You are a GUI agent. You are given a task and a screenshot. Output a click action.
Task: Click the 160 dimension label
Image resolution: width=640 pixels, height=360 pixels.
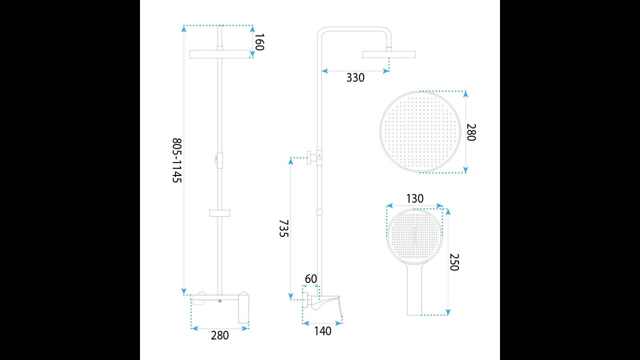pyautogui.click(x=259, y=42)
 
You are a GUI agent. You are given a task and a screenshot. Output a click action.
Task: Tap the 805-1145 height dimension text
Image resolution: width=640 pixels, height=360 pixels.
pyautogui.click(x=177, y=160)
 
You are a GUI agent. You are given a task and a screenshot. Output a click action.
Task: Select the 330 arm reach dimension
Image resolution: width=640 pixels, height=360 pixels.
pyautogui.click(x=355, y=77)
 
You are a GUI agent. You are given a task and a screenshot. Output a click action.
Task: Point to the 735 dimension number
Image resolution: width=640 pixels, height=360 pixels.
pyautogui.click(x=283, y=228)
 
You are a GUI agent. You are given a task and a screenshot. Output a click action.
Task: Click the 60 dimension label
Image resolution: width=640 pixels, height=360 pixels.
pyautogui.click(x=311, y=279)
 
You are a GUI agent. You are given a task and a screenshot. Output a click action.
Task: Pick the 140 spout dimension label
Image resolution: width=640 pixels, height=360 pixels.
pyautogui.click(x=323, y=331)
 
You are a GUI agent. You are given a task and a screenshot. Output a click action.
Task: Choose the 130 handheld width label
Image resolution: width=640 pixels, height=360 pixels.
pyautogui.click(x=415, y=198)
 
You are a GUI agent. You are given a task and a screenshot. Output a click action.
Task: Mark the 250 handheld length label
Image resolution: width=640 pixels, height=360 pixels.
pyautogui.click(x=454, y=262)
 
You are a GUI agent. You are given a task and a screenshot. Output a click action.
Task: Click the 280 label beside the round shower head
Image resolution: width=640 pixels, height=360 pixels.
pyautogui.click(x=471, y=132)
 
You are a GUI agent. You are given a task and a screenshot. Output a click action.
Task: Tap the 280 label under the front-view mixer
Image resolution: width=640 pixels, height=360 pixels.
pyautogui.click(x=219, y=335)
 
